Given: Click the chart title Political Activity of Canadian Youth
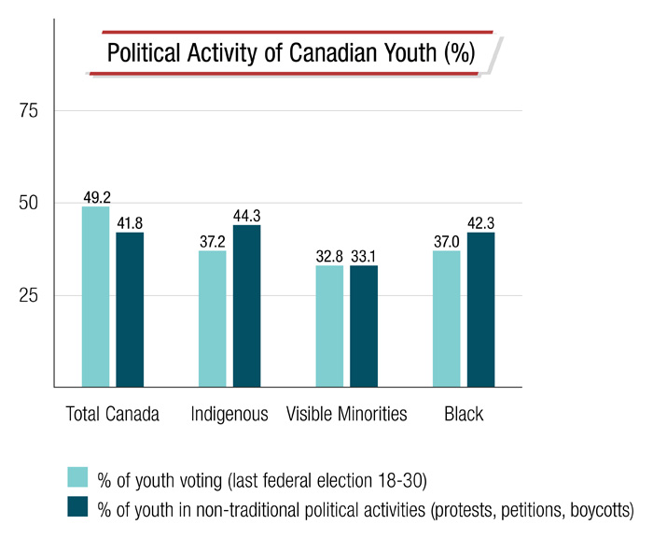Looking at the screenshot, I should tap(291, 53).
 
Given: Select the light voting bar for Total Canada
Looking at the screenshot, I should tap(95, 296).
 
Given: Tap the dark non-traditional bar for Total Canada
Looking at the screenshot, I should tap(130, 309).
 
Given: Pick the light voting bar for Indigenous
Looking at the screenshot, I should tap(212, 318).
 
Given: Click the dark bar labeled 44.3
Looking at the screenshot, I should tap(246, 305).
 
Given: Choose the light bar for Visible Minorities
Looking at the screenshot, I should tap(329, 326).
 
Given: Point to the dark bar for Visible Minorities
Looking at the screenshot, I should tap(364, 326).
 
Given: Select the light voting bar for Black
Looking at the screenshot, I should tap(447, 318).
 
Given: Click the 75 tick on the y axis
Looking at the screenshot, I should tap(34, 111).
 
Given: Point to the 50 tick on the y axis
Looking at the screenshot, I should tap(34, 204).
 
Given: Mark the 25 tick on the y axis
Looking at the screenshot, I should tap(34, 295).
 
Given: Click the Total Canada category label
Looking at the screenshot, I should tap(112, 414).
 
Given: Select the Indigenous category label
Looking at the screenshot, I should tap(229, 414).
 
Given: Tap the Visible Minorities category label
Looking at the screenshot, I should tap(347, 414).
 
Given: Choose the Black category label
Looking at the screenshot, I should tap(464, 414).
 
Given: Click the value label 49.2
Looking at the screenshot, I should tap(96, 199).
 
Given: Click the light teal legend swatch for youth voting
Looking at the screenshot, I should tap(78, 478).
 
